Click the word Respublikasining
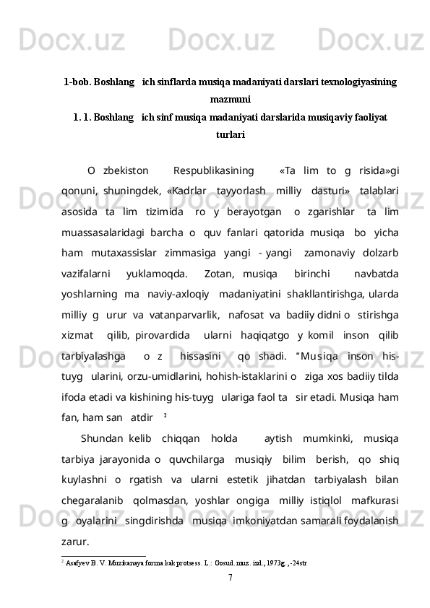[x=213, y=171]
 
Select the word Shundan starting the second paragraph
[x=103, y=437]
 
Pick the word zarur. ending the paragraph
[x=76, y=540]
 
